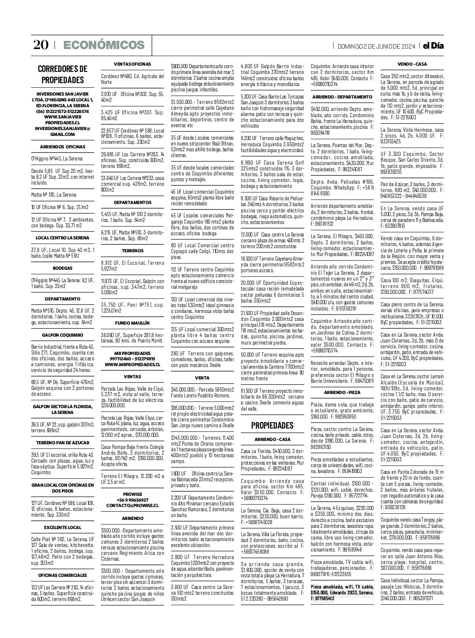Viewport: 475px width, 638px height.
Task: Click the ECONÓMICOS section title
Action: (x=104, y=45)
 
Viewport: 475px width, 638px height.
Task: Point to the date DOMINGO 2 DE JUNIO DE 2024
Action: (x=376, y=46)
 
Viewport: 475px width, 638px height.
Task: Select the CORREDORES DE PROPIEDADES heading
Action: (x=63, y=74)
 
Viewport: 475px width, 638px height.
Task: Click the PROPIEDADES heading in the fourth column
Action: (x=272, y=425)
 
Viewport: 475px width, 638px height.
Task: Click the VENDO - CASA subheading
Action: (x=412, y=64)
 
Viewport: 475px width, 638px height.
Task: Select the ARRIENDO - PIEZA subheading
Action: (x=342, y=392)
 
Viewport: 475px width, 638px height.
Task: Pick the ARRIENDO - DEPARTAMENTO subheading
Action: (x=342, y=96)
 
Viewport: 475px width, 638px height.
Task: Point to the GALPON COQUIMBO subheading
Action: (x=63, y=335)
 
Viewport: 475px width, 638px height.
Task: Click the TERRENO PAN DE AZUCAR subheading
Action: (x=63, y=443)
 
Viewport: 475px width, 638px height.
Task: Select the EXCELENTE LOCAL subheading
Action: (x=63, y=527)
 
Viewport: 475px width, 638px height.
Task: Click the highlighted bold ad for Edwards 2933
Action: (x=342, y=592)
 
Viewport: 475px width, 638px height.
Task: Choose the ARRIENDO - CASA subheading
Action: (x=272, y=439)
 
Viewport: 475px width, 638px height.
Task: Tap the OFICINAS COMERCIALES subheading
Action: (x=63, y=575)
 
